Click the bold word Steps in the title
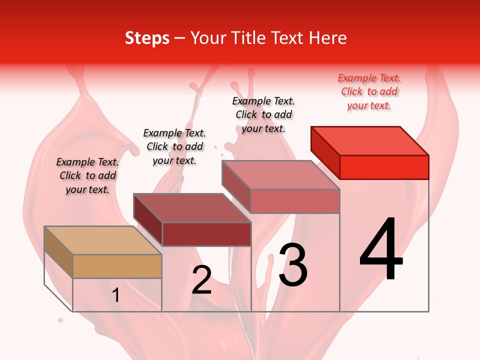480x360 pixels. (x=147, y=38)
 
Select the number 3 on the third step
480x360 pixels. (x=293, y=265)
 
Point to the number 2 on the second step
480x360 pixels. (x=202, y=280)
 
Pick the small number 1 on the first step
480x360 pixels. (x=116, y=295)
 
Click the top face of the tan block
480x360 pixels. (x=102, y=240)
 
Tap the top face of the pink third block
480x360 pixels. (x=280, y=175)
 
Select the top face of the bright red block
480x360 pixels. (x=369, y=140)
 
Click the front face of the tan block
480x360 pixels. (x=117, y=266)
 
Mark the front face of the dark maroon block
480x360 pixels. (x=206, y=234)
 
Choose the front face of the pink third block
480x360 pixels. (x=295, y=201)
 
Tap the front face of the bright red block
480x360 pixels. (x=384, y=167)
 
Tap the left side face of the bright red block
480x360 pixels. (x=325, y=152)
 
